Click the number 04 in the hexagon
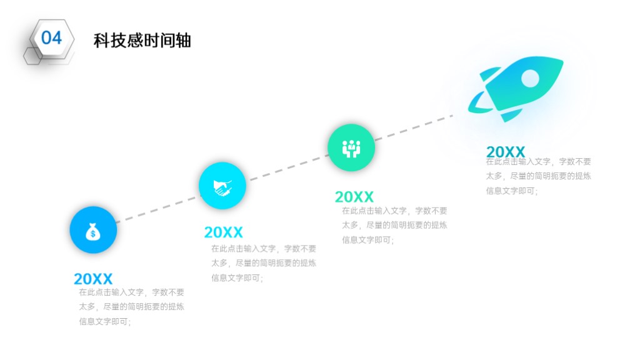click(51, 38)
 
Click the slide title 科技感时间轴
click(142, 41)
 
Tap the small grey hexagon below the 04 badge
click(33, 56)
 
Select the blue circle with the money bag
click(94, 230)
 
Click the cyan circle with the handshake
click(222, 186)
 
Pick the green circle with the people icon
click(351, 147)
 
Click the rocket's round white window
click(530, 78)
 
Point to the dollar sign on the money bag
click(93, 234)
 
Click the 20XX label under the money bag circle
click(93, 279)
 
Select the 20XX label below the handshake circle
click(223, 232)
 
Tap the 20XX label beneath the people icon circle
click(354, 197)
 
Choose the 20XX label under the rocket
click(505, 152)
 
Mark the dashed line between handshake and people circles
click(288, 167)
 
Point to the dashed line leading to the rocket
click(414, 127)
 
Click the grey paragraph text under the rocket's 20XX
click(538, 176)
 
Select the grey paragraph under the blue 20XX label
click(131, 307)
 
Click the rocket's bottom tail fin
click(511, 115)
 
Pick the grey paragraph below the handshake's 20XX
click(264, 263)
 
